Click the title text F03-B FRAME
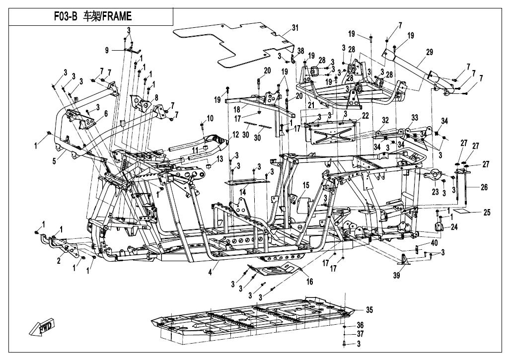(x=92, y=16)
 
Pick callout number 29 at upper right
(x=429, y=52)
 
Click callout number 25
(x=487, y=213)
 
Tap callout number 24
(x=454, y=227)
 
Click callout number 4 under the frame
(x=210, y=272)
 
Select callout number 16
(x=309, y=281)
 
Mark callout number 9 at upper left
(x=106, y=50)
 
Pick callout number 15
(x=306, y=185)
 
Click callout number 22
(x=365, y=115)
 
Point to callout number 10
(x=210, y=118)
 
